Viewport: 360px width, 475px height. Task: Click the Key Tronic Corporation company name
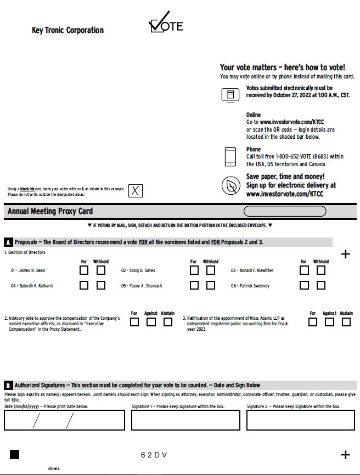pos(67,30)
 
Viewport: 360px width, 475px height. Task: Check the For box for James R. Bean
pos(84,270)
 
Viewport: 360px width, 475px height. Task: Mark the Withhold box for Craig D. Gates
pos(211,270)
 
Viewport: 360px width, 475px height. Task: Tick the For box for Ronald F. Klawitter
pos(304,270)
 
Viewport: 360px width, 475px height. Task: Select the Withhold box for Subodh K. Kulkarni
pos(101,285)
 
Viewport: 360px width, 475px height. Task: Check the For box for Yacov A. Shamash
pos(194,285)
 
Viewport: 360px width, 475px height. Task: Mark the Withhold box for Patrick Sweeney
pos(321,285)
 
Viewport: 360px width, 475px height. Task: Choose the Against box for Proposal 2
pos(151,322)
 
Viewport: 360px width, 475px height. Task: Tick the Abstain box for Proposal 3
pos(346,322)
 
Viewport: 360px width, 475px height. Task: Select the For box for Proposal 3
pos(313,322)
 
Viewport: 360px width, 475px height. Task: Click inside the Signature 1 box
pos(185,420)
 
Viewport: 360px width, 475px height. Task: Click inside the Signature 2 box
pos(301,420)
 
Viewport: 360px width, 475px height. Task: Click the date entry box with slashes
pos(64,420)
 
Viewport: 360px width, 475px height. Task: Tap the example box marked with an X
pos(136,191)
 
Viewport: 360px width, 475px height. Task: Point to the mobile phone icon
pos(230,156)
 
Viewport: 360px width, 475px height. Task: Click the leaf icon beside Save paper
pos(230,185)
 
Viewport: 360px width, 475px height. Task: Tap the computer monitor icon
pos(230,94)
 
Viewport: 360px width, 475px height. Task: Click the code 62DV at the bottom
pos(154,455)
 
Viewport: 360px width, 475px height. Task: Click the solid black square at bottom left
pos(15,454)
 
